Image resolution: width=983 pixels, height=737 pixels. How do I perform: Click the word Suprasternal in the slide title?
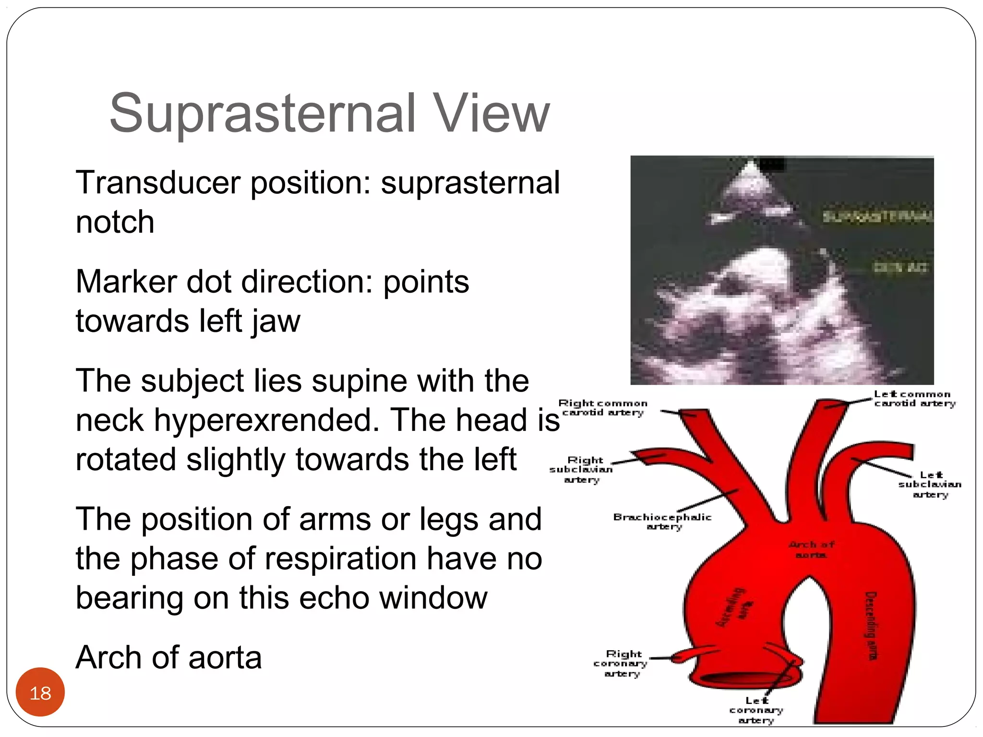pyautogui.click(x=262, y=114)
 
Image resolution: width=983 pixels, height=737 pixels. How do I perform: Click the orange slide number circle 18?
pyautogui.click(x=40, y=692)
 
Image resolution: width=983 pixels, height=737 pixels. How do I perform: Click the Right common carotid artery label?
pyautogui.click(x=603, y=407)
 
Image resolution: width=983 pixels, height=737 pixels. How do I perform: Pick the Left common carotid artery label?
pyautogui.click(x=914, y=398)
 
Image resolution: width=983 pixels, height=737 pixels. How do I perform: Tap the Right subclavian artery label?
pyautogui.click(x=582, y=470)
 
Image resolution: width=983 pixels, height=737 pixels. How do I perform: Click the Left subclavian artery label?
pyautogui.click(x=930, y=484)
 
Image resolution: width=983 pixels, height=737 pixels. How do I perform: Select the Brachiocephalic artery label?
pyautogui.click(x=662, y=521)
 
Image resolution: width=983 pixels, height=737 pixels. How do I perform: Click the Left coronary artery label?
pyautogui.click(x=756, y=710)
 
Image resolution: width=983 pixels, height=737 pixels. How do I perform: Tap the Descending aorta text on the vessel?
pyautogui.click(x=871, y=626)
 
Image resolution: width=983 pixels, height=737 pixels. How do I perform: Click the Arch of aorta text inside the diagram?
pyautogui.click(x=811, y=549)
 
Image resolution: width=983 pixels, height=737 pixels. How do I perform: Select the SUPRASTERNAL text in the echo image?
pyautogui.click(x=877, y=216)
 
